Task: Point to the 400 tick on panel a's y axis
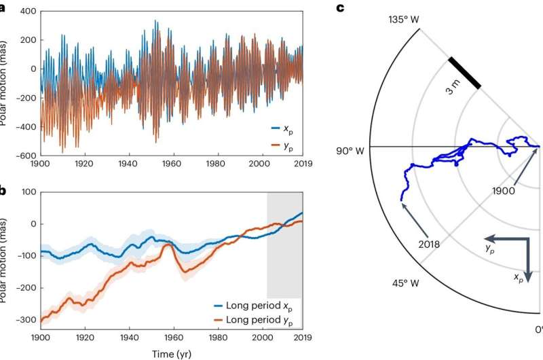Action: (26, 12)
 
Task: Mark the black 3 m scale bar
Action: (464, 73)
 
